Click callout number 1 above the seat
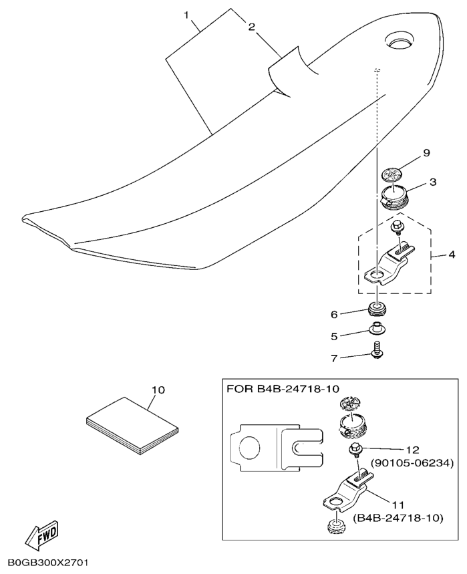(x=186, y=15)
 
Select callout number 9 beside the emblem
(x=426, y=152)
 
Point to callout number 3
(x=433, y=182)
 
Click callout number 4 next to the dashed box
(x=452, y=255)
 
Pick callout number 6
(x=334, y=315)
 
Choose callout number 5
(x=334, y=336)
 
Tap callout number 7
(x=334, y=358)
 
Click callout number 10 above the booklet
(x=158, y=390)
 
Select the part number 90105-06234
(x=412, y=464)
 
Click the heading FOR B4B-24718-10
(x=283, y=388)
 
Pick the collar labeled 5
(x=375, y=328)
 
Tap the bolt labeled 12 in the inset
(x=355, y=450)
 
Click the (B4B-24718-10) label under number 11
(x=398, y=519)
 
